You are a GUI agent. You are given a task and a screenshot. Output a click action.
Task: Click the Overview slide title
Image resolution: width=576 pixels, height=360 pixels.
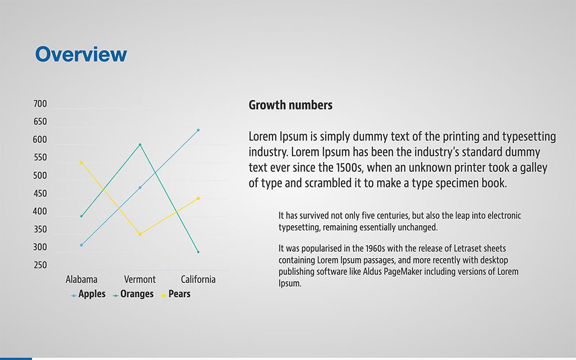[81, 54]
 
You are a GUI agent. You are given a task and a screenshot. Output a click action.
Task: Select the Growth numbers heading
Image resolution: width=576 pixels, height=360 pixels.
[290, 105]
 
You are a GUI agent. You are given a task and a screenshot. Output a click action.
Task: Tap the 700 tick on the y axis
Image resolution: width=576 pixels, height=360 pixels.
[40, 104]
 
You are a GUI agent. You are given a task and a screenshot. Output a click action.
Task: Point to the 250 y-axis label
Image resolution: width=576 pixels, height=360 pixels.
[40, 265]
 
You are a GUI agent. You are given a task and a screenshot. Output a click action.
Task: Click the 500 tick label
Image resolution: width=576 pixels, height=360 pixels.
[40, 176]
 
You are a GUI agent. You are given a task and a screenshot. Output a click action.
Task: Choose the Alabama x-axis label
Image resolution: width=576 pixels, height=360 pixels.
[82, 279]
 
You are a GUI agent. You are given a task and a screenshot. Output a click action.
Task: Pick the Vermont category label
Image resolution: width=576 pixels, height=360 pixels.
[140, 279]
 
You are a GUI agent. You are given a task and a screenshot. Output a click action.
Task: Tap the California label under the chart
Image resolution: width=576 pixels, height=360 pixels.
[198, 279]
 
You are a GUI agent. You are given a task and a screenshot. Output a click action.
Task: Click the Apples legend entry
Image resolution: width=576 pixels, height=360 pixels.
[88, 294]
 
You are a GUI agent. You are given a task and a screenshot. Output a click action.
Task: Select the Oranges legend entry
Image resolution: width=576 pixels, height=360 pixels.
[133, 294]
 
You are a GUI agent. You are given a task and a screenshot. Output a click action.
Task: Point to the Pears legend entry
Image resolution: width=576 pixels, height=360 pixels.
[176, 294]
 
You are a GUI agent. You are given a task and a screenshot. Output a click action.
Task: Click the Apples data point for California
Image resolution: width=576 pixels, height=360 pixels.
[198, 130]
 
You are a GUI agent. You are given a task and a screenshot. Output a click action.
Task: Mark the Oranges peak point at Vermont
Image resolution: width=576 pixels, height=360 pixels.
[140, 145]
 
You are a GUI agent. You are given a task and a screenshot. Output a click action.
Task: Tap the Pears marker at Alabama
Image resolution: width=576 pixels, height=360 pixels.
[81, 162]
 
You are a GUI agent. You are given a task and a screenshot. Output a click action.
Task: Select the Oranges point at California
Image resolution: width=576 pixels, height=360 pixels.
[198, 252]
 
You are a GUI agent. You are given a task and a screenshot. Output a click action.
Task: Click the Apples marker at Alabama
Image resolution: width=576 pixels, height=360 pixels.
[81, 245]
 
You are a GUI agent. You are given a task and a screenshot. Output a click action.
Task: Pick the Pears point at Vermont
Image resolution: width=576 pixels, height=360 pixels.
[140, 234]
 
